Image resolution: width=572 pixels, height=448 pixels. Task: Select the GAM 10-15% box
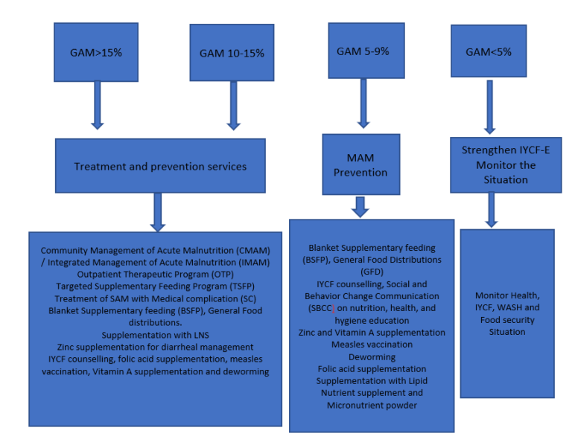pos(232,54)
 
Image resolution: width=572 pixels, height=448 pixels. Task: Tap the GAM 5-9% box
pos(366,51)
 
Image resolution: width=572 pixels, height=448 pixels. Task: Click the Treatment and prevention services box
pos(160,166)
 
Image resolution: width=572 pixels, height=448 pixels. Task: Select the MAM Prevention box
pos(360,165)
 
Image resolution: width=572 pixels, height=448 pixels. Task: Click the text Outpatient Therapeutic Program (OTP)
pos(155,273)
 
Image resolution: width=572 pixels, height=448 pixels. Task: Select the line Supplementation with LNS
pos(155,335)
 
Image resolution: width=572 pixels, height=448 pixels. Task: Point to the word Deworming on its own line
pos(372,356)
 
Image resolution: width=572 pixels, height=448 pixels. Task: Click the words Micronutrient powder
pos(372,405)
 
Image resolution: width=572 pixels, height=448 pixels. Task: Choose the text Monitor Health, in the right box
pos(506,295)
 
